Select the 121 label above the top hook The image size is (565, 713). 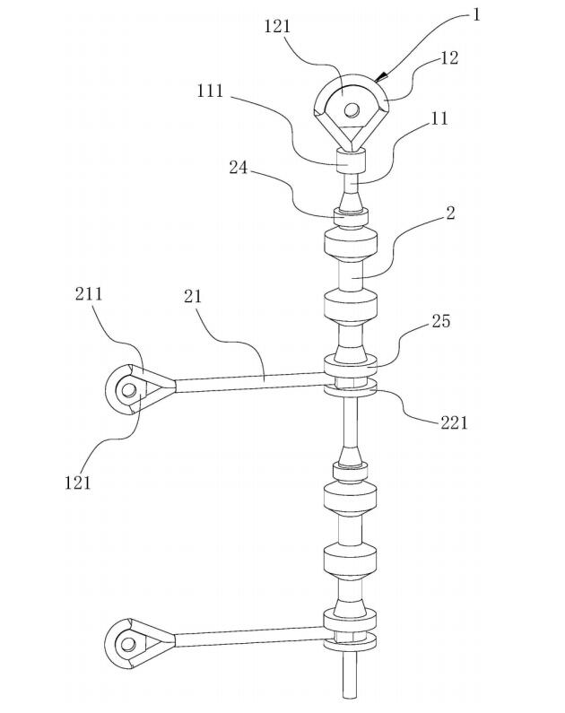click(278, 26)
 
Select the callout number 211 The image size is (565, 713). click(89, 294)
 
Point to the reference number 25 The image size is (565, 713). click(441, 321)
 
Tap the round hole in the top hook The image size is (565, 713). click(352, 110)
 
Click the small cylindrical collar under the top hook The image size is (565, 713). click(351, 162)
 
